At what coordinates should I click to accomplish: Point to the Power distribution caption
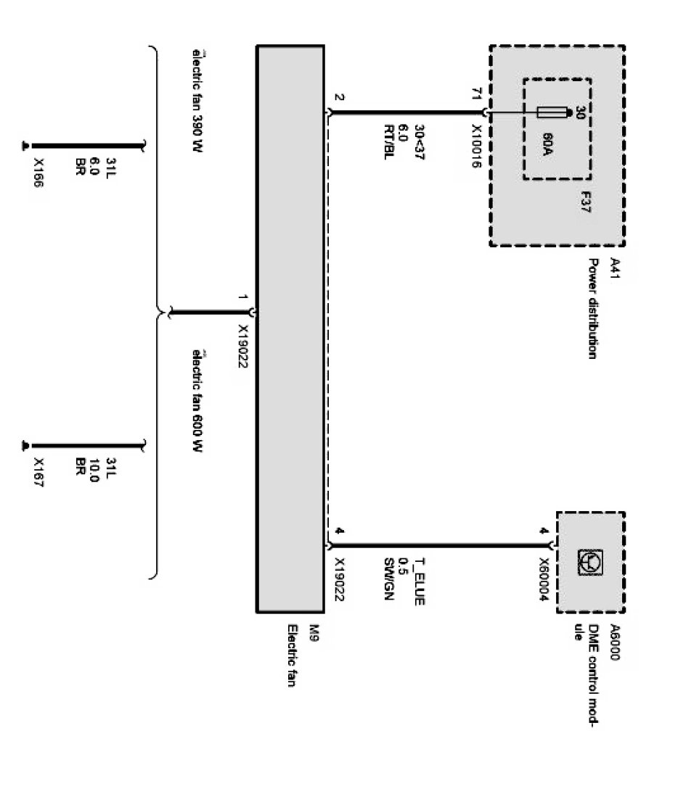pos(592,310)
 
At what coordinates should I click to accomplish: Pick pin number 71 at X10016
pos(476,94)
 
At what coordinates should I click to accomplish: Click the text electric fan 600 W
pos(196,400)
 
